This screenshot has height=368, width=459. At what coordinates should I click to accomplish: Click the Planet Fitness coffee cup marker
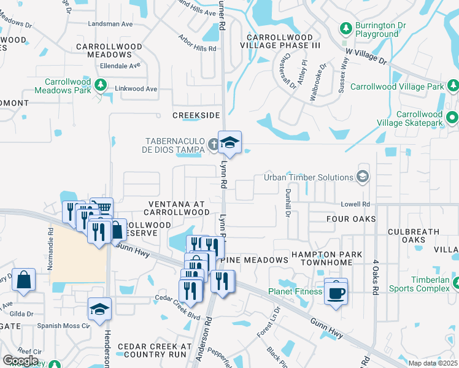pyautogui.click(x=336, y=292)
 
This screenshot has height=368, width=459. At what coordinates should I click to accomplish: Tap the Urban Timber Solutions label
pyautogui.click(x=309, y=177)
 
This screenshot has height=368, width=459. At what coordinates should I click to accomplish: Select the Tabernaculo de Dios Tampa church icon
pyautogui.click(x=213, y=145)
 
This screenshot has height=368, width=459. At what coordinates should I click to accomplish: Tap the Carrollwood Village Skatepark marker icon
pyautogui.click(x=452, y=117)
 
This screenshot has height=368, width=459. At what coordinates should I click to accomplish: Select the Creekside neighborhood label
pyautogui.click(x=196, y=115)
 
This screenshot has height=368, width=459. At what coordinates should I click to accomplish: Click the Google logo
pyautogui.click(x=20, y=361)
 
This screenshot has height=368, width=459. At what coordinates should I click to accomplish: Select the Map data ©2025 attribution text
pyautogui.click(x=433, y=362)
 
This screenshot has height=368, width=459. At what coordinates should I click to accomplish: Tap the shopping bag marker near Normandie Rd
pyautogui.click(x=23, y=279)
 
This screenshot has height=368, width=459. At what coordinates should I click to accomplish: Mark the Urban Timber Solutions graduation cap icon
pyautogui.click(x=363, y=177)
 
